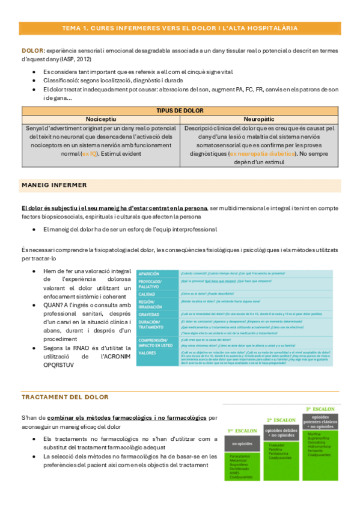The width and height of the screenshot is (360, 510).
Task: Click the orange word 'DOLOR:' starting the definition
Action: tap(32, 51)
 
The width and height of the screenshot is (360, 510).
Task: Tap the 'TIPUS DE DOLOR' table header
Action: tap(180, 111)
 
